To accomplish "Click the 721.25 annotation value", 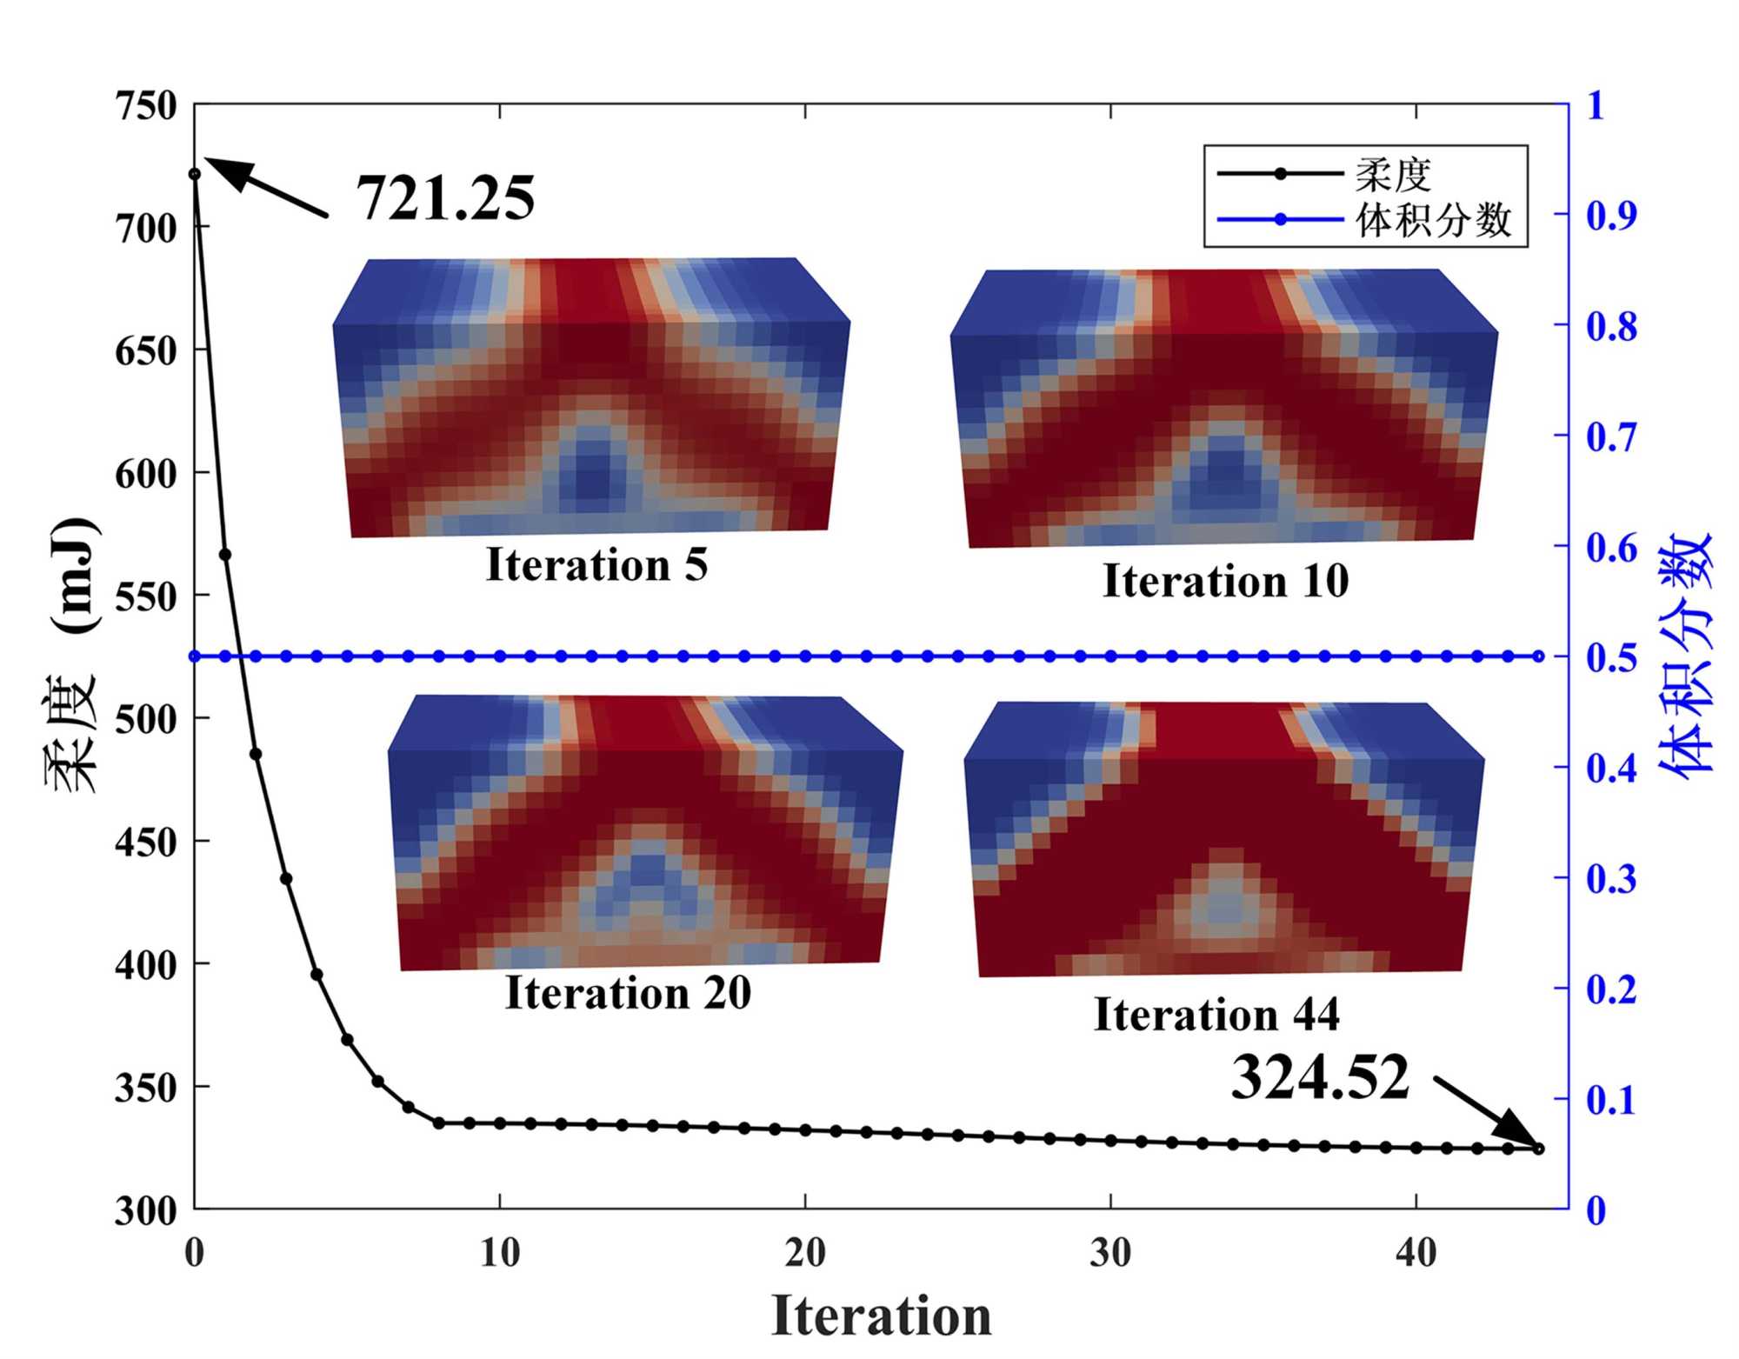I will pyautogui.click(x=445, y=198).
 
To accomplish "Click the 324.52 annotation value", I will pyautogui.click(x=1319, y=1077).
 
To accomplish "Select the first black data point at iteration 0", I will pyautogui.click(x=195, y=174).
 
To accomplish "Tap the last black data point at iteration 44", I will pyautogui.click(x=1538, y=1149).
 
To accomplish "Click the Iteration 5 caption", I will pyautogui.click(x=596, y=565).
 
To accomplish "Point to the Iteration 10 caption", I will pyautogui.click(x=1225, y=581).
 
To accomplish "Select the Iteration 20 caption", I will pyautogui.click(x=628, y=993).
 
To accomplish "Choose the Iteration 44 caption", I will pyautogui.click(x=1216, y=1015).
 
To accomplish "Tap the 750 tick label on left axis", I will pyautogui.click(x=145, y=106).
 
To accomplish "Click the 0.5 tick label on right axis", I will pyautogui.click(x=1611, y=657).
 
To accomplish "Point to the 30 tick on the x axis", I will pyautogui.click(x=1110, y=1253).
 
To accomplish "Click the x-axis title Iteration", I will pyautogui.click(x=881, y=1316).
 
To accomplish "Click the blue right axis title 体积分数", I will pyautogui.click(x=1684, y=656).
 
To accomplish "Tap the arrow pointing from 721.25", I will pyautogui.click(x=267, y=187).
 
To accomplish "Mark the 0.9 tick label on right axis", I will pyautogui.click(x=1611, y=215).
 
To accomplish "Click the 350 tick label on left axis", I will pyautogui.click(x=145, y=1089).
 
